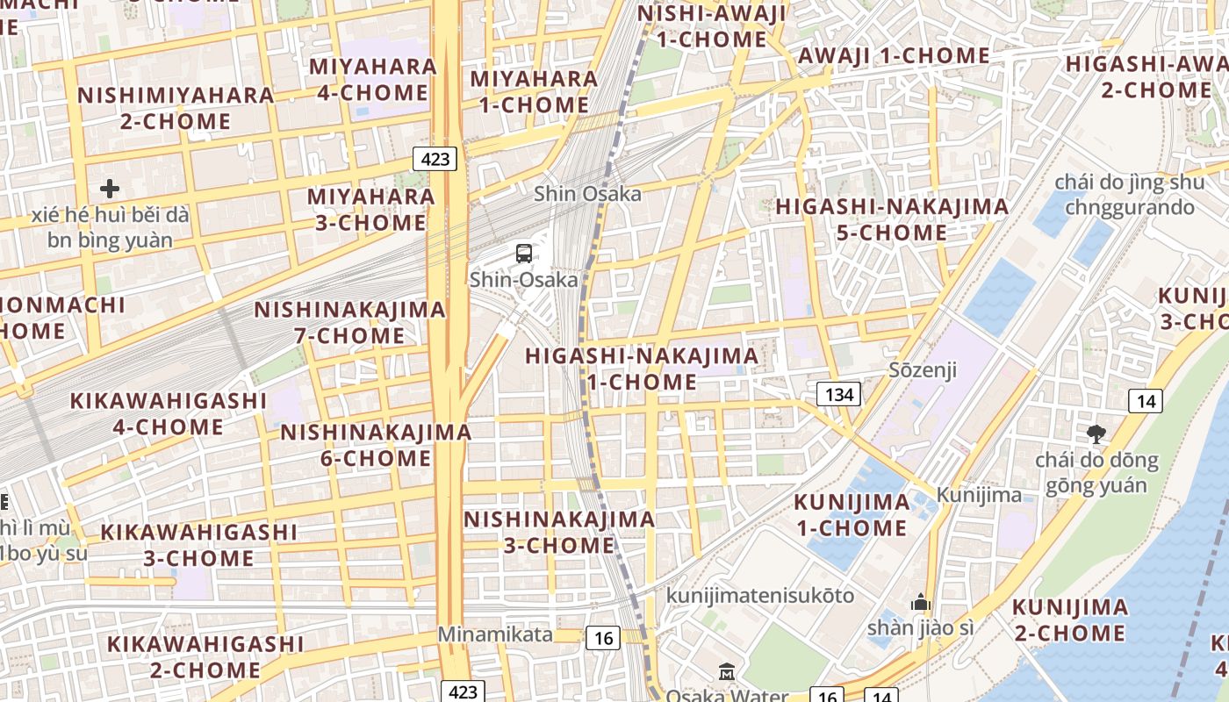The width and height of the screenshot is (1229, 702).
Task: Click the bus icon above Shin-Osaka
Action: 524,254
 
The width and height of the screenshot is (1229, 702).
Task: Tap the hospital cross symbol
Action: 110,189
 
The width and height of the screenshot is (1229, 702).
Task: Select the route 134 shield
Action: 838,395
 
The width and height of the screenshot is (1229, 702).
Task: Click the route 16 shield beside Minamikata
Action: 603,638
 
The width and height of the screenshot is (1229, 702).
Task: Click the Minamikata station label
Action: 496,634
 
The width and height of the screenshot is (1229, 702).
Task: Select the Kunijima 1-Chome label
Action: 852,515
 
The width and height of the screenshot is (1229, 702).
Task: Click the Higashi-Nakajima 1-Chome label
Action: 642,369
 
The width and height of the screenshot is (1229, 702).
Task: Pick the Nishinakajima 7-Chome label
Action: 350,322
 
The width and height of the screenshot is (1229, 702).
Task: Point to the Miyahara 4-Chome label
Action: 372,79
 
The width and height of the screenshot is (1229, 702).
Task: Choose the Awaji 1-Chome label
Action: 894,55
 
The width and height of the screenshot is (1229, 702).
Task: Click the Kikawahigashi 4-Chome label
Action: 168,413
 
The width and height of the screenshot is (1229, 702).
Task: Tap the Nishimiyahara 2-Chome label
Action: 176,108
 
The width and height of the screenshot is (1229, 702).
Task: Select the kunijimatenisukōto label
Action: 760,595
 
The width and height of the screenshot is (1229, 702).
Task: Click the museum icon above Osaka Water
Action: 727,673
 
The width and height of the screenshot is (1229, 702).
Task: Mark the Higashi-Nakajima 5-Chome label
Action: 892,219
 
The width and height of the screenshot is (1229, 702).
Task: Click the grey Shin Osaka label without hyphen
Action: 587,193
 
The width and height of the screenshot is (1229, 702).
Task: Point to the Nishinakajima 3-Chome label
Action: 559,532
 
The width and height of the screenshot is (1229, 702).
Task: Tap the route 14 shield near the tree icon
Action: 1146,402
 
